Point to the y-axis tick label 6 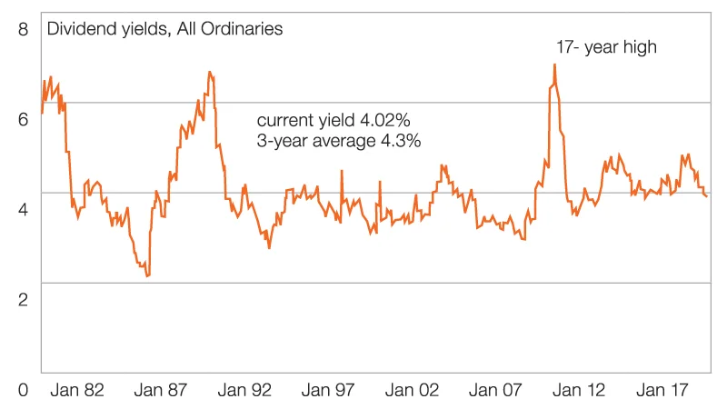tap(24, 117)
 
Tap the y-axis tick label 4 tap(24, 208)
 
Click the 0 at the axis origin tap(24, 390)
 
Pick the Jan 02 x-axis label tap(416, 390)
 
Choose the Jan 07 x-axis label tap(501, 390)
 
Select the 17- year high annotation tap(605, 45)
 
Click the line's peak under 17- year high tap(554, 65)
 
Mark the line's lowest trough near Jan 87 tap(146, 275)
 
